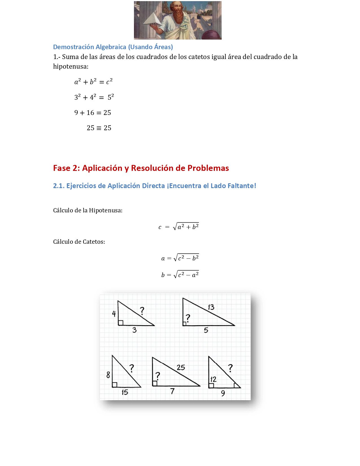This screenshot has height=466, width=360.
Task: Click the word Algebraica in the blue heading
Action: (x=111, y=47)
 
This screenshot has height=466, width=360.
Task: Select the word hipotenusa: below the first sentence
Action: (x=71, y=67)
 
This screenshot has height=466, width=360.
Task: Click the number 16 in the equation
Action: (x=90, y=113)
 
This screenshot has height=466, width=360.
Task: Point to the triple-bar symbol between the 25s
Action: (x=99, y=128)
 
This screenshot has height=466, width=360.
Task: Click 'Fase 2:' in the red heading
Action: (x=67, y=168)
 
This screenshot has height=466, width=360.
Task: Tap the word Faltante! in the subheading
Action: (x=243, y=186)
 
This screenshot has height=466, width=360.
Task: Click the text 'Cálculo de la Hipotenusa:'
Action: (x=88, y=210)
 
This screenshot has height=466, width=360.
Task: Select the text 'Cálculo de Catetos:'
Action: (x=79, y=242)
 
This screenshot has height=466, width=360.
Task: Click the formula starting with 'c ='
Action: (x=179, y=227)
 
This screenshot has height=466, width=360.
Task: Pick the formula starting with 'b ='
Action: (x=180, y=275)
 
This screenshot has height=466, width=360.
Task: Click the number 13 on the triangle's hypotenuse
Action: (x=211, y=307)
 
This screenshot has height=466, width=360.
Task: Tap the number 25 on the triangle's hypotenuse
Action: (x=181, y=367)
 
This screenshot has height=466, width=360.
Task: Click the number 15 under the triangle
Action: (x=125, y=392)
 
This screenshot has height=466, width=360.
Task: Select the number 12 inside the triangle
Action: (x=213, y=379)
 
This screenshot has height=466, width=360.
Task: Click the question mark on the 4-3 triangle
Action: (x=142, y=311)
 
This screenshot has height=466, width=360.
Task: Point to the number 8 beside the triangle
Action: (x=108, y=375)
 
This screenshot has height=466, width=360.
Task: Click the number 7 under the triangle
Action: (x=172, y=391)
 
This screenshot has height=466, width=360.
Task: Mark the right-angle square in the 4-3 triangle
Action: (x=121, y=323)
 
